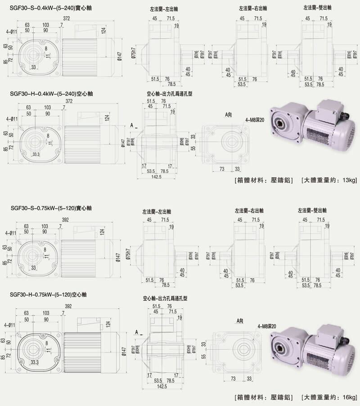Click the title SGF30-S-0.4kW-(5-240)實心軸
[50, 8]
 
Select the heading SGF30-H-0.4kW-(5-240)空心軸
[50, 95]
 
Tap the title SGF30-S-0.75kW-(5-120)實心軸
[50, 208]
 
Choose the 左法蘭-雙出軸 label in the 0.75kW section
[312, 211]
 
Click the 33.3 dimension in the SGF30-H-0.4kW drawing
[36, 154]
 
